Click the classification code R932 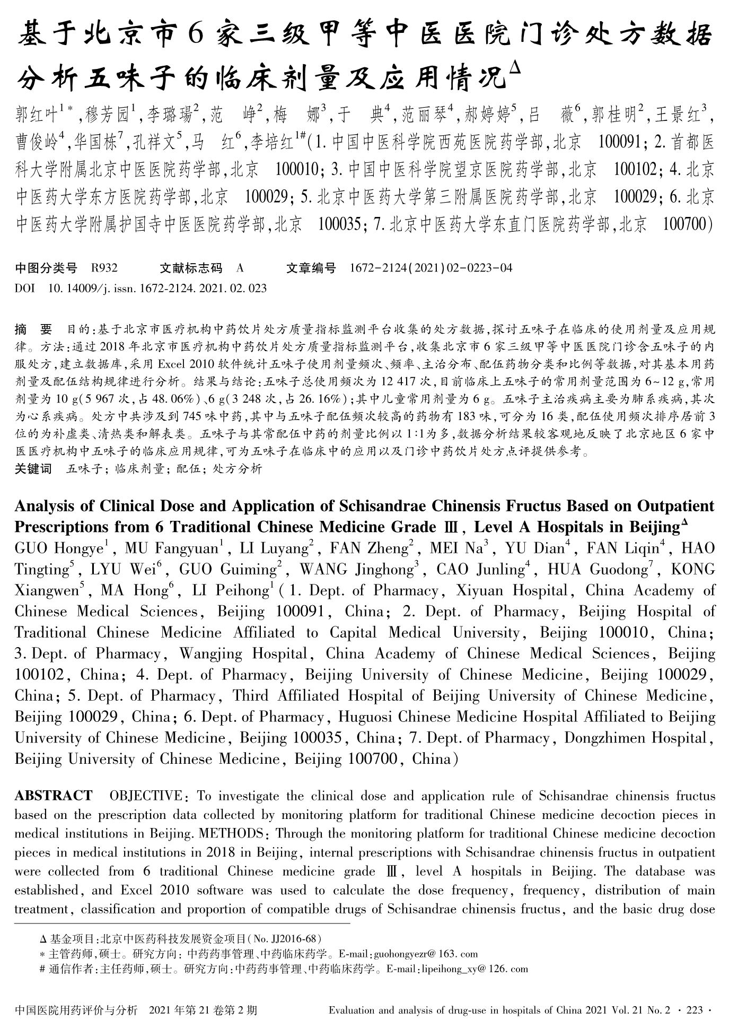point(104,268)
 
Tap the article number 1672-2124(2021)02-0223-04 point(431,268)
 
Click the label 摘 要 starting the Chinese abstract point(33,330)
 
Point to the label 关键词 point(33,468)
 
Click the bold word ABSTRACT point(53,796)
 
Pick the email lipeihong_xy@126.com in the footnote point(474,969)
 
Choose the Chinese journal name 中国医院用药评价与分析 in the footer point(76,1010)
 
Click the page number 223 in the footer point(694,1010)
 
